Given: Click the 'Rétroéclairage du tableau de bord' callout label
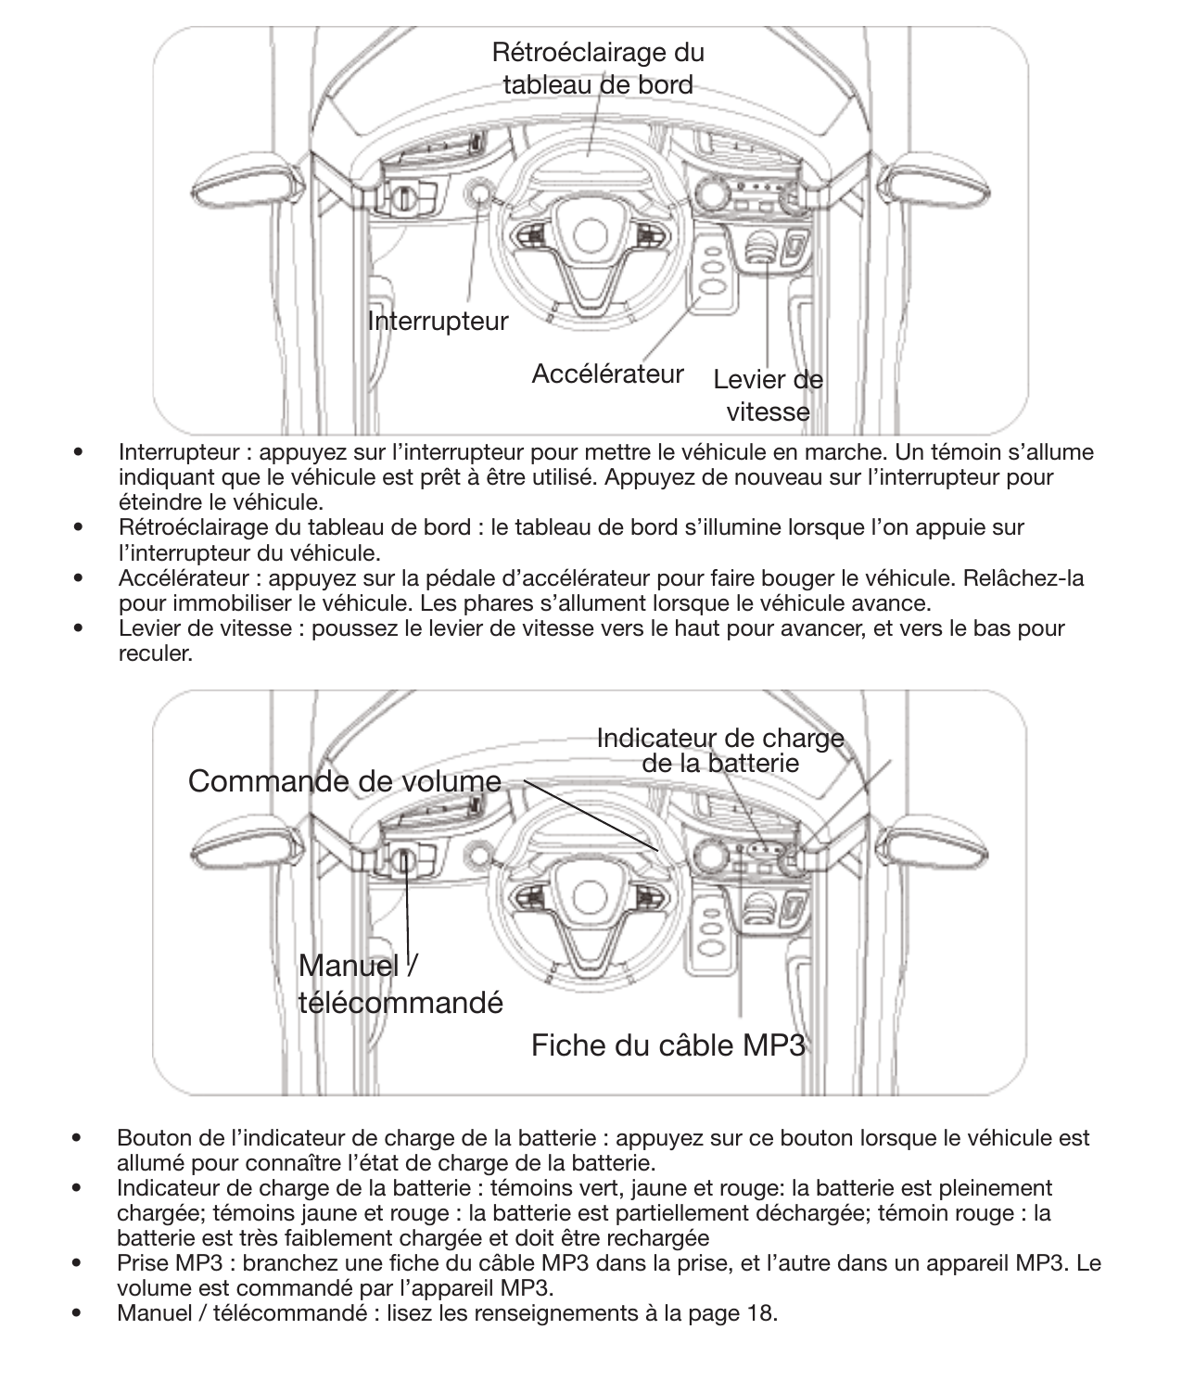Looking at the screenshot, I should point(597,69).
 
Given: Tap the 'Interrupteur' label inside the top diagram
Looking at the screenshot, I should point(438,322).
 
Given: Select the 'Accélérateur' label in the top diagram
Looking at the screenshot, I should point(607,374).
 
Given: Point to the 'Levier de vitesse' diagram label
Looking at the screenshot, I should point(768,396).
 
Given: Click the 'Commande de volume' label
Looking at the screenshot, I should point(344,781).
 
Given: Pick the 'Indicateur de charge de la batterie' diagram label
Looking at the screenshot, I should point(720,751).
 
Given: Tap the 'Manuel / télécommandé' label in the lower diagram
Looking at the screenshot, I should point(400,984).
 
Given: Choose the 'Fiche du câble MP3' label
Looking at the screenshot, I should point(667,1045).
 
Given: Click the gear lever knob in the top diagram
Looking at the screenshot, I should point(761,247).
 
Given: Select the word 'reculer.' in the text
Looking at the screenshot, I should point(156,653).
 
